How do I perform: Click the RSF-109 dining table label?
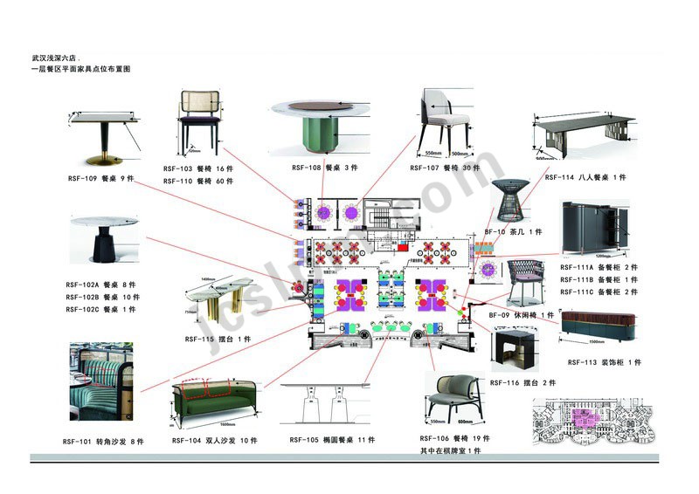coord(101,178)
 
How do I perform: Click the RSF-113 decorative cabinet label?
coord(604,361)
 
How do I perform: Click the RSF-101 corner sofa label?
coord(106,441)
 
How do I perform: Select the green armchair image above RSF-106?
coord(455,398)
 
